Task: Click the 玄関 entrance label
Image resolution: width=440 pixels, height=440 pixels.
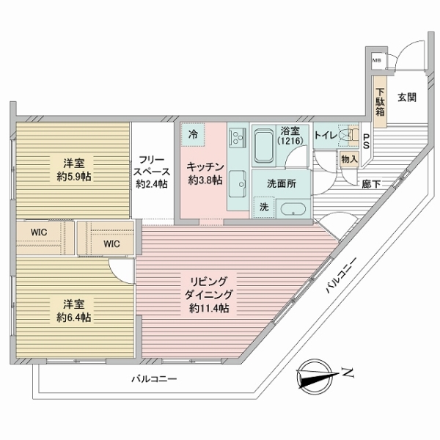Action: coord(407,97)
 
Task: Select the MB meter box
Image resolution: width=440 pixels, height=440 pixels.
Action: coord(376,61)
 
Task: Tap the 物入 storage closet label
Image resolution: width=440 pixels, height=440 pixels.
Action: coord(349,158)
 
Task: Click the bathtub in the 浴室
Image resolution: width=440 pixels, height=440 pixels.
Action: coord(264,146)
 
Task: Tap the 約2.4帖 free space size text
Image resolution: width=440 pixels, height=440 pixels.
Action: coord(151,184)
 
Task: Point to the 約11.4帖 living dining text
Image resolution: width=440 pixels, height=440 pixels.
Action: coord(210,309)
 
